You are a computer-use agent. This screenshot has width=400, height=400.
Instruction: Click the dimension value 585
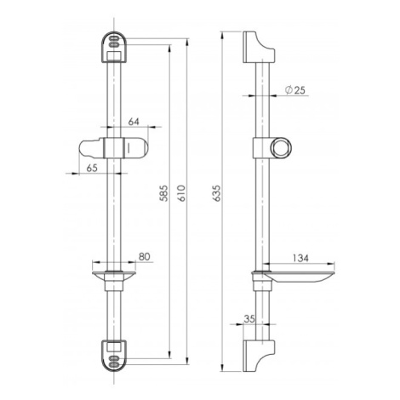163,193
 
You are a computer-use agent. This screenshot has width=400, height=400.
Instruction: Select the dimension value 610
181,193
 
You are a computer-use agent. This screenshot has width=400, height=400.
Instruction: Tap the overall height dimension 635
216,193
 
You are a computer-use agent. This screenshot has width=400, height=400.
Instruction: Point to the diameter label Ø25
295,90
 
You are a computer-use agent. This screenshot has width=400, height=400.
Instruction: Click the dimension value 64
134,122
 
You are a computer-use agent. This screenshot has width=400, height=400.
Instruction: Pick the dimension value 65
92,168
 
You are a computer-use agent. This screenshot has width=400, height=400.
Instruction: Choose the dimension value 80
144,257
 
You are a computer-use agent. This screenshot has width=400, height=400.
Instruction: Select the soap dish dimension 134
300,258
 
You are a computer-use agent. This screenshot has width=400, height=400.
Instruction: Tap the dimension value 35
249,319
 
